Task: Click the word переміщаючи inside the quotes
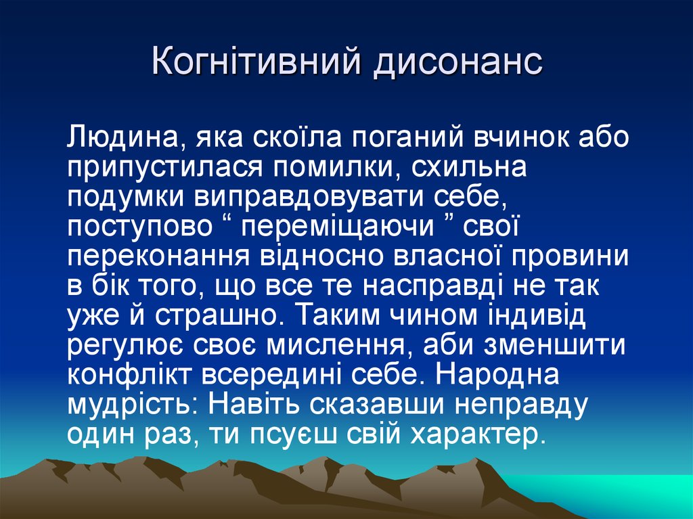(338, 228)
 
